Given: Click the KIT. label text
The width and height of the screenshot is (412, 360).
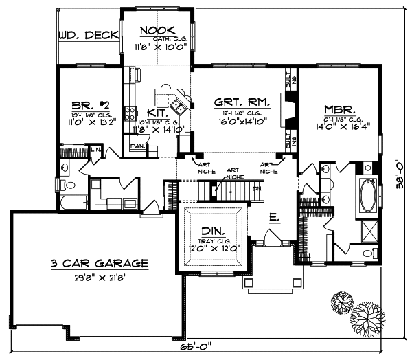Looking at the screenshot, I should click(x=157, y=113).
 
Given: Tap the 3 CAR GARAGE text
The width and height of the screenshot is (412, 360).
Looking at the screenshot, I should click(x=99, y=263).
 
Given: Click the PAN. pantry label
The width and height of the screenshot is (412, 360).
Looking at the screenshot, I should click(x=137, y=146).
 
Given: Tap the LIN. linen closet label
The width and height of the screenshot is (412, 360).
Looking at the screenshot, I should click(x=95, y=149).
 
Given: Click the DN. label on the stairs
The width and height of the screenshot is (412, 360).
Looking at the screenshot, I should click(x=257, y=188).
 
